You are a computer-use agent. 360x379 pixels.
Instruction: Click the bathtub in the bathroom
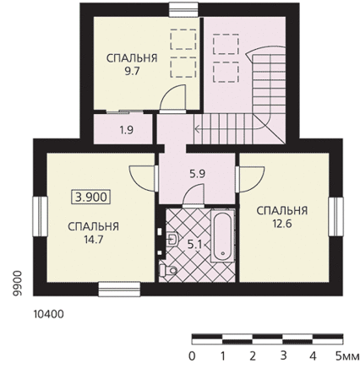pos(223,236)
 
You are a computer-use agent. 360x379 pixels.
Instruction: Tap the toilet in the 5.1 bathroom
pos(168,270)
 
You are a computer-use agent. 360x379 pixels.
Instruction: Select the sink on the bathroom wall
pos(172,240)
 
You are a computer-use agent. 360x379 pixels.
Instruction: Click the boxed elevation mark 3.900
pos(91,197)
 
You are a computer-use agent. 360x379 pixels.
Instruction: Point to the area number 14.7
pos(94,240)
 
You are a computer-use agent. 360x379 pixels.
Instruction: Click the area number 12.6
pos(282,224)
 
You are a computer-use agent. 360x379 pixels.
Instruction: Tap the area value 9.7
pos(132,71)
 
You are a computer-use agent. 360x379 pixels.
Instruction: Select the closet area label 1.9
pos(127,130)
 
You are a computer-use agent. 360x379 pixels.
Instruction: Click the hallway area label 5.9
pos(197,174)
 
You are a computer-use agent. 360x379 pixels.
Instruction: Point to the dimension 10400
pos(49,314)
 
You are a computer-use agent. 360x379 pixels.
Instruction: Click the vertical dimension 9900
pos(17,283)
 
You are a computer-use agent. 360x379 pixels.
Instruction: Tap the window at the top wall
pos(183,10)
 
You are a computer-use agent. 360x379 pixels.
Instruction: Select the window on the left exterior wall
pos(40,216)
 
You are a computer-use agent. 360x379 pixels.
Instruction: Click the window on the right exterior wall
pos(335,216)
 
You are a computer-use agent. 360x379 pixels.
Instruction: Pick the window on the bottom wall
pos(119,290)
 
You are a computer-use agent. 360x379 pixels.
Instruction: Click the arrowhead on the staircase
pos(198,129)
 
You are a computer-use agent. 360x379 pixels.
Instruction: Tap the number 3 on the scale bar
pos(283,355)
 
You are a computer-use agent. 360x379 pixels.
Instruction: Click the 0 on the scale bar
pos(192,356)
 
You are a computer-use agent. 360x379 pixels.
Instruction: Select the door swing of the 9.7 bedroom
pos(172,97)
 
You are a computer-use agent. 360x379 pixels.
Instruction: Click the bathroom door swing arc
pos(193,194)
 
